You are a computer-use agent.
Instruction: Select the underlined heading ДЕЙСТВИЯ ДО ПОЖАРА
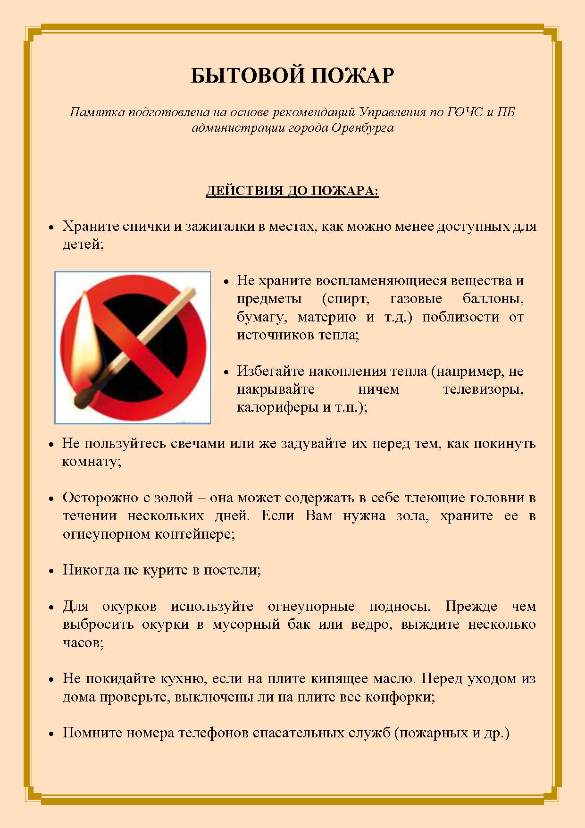[292, 191]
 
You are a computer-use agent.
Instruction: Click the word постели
[232, 570]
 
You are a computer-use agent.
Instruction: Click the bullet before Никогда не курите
[52, 571]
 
